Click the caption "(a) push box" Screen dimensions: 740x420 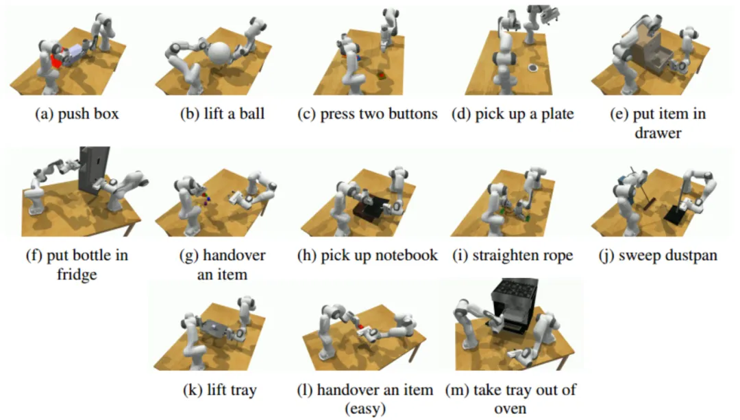click(77, 114)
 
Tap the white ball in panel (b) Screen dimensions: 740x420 click(221, 54)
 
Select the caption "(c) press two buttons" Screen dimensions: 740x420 click(367, 114)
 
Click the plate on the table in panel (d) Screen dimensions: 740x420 click(532, 68)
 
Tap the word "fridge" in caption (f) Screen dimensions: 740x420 click(77, 275)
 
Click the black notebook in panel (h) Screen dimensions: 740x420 click(371, 207)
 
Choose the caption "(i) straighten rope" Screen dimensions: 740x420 click(513, 256)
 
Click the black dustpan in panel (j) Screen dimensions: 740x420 click(675, 213)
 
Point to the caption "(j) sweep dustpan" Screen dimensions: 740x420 click(658, 256)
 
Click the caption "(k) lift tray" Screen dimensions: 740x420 click(220, 390)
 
